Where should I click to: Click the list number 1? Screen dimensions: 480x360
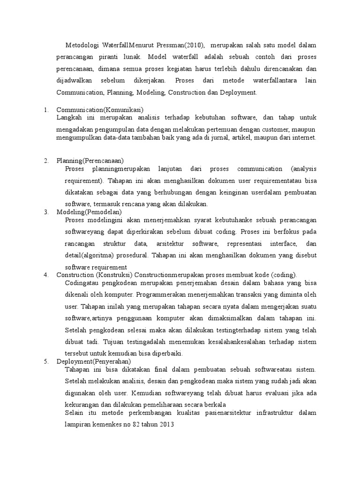click(x=46, y=110)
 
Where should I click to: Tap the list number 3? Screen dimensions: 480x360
click(x=46, y=212)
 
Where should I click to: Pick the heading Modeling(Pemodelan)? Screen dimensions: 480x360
click(x=89, y=212)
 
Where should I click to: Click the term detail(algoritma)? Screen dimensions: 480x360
click(x=88, y=255)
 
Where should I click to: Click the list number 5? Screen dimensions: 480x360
click(x=46, y=361)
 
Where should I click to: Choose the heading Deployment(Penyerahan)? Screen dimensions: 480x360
click(x=94, y=361)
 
